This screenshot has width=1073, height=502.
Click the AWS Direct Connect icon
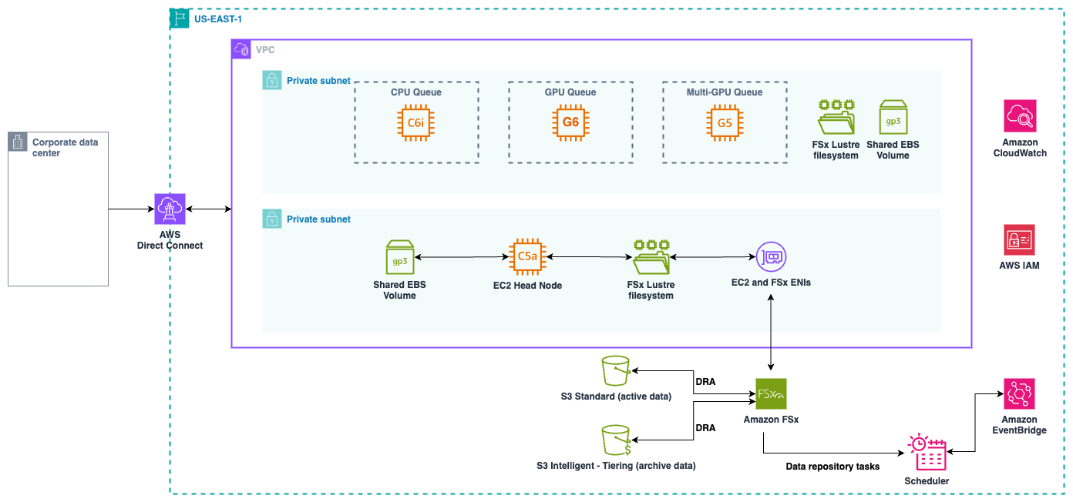pyautogui.click(x=170, y=209)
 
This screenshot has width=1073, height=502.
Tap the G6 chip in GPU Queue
pyautogui.click(x=570, y=122)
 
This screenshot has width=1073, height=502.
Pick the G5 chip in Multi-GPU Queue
pyautogui.click(x=725, y=122)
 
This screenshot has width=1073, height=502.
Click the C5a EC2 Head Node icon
pyautogui.click(x=527, y=257)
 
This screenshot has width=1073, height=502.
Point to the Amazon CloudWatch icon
pyautogui.click(x=1020, y=116)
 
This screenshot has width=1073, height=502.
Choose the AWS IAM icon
pyautogui.click(x=1020, y=239)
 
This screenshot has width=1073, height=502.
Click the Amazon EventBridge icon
pyautogui.click(x=1020, y=393)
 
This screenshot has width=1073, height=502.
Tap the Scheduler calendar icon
pyautogui.click(x=927, y=453)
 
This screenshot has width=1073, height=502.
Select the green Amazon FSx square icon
pyautogui.click(x=771, y=393)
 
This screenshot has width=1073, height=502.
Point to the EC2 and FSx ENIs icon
pyautogui.click(x=771, y=257)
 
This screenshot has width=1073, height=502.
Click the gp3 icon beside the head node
pyautogui.click(x=399, y=257)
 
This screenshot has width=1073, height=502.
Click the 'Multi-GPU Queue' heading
pyautogui.click(x=725, y=92)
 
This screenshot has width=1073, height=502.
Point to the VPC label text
pyautogui.click(x=265, y=50)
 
